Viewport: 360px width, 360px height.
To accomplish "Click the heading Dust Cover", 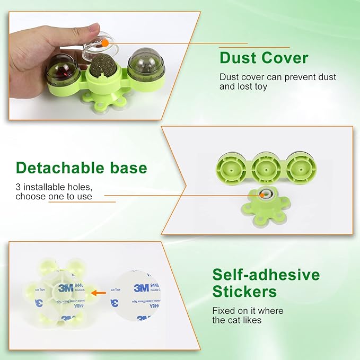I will point(264,57).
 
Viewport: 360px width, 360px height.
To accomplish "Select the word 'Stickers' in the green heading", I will point(244,292).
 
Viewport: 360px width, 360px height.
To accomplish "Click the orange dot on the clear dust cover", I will point(105,41).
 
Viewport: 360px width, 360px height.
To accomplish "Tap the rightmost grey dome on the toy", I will point(146,64).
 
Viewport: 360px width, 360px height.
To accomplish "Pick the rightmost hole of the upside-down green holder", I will point(301,169).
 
